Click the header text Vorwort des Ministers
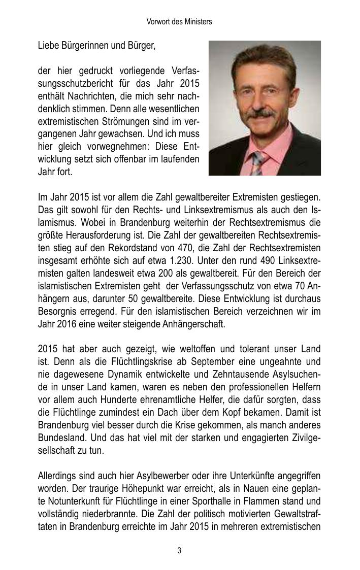(x=179, y=22)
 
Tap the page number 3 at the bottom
(x=179, y=551)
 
